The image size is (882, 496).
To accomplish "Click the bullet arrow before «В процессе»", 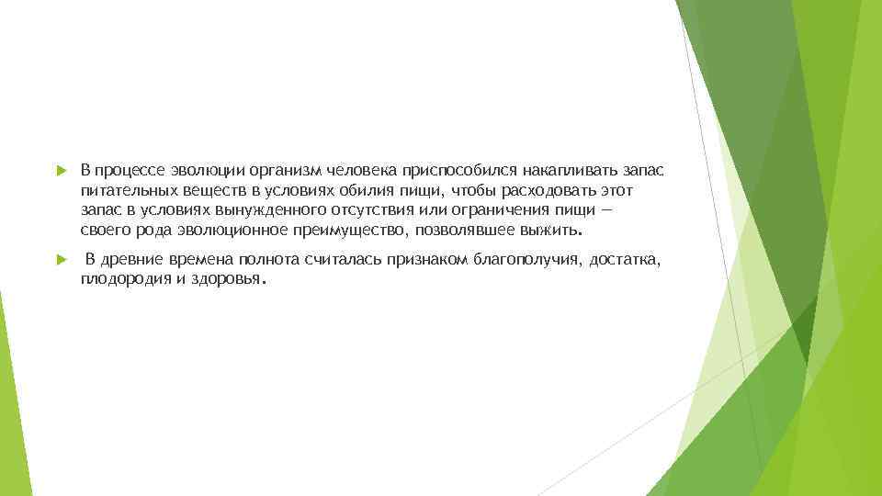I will [59, 171].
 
